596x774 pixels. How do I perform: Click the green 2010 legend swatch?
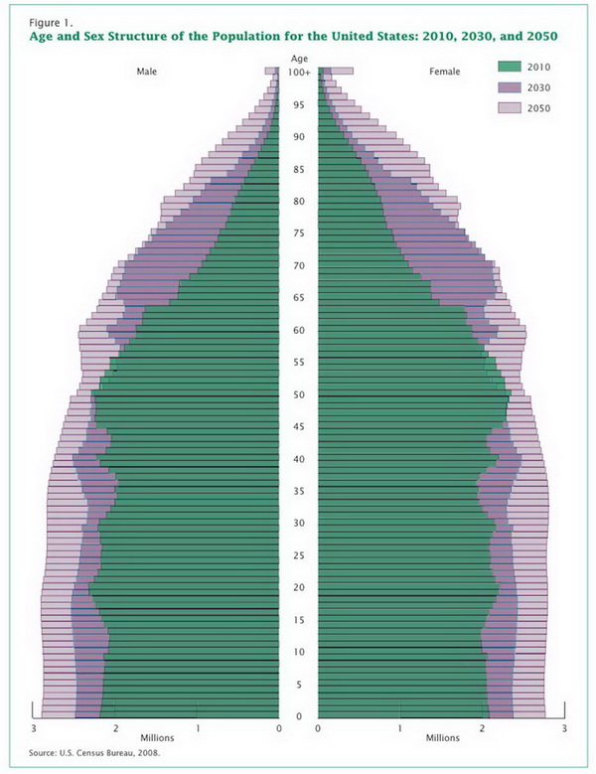[x=509, y=67]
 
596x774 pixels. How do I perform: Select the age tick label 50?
[x=299, y=395]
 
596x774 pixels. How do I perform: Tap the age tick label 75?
[x=299, y=233]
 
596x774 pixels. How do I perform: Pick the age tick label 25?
[x=299, y=555]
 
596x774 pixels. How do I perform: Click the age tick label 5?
[x=299, y=685]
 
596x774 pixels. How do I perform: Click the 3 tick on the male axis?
[x=35, y=729]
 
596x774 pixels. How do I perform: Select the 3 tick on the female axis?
[x=563, y=729]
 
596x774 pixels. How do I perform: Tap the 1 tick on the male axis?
[x=198, y=729]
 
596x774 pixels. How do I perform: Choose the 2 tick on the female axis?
[x=482, y=729]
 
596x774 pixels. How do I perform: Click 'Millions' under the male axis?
[x=157, y=739]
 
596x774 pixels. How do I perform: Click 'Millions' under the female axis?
[x=443, y=739]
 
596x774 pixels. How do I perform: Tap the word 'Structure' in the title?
[x=157, y=36]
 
